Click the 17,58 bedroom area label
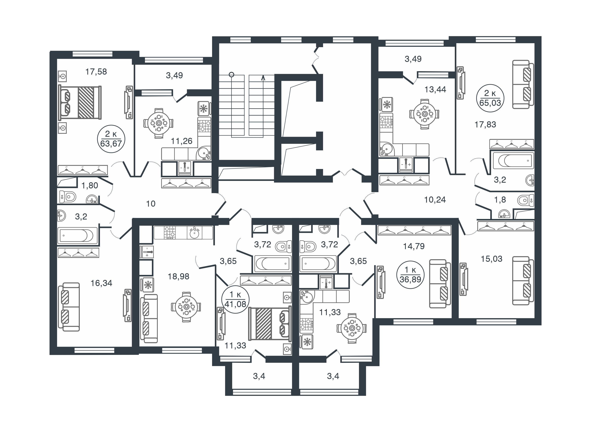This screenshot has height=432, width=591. coord(96,72)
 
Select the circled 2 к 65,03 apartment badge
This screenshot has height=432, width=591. coord(490,98)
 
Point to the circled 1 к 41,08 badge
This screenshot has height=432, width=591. coord(235,299)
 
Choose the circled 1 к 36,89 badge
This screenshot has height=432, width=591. coord(410,275)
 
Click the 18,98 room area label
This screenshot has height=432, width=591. coord(178,276)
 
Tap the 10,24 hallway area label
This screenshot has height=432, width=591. coord(435,200)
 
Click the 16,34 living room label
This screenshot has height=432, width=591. coord(101,283)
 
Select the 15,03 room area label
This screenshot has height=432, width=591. coord(491,259)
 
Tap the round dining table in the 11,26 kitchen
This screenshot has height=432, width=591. coord(158,123)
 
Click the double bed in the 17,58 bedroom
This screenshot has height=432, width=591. coord(80,102)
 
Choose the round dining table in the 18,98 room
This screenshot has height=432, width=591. coord(186,307)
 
